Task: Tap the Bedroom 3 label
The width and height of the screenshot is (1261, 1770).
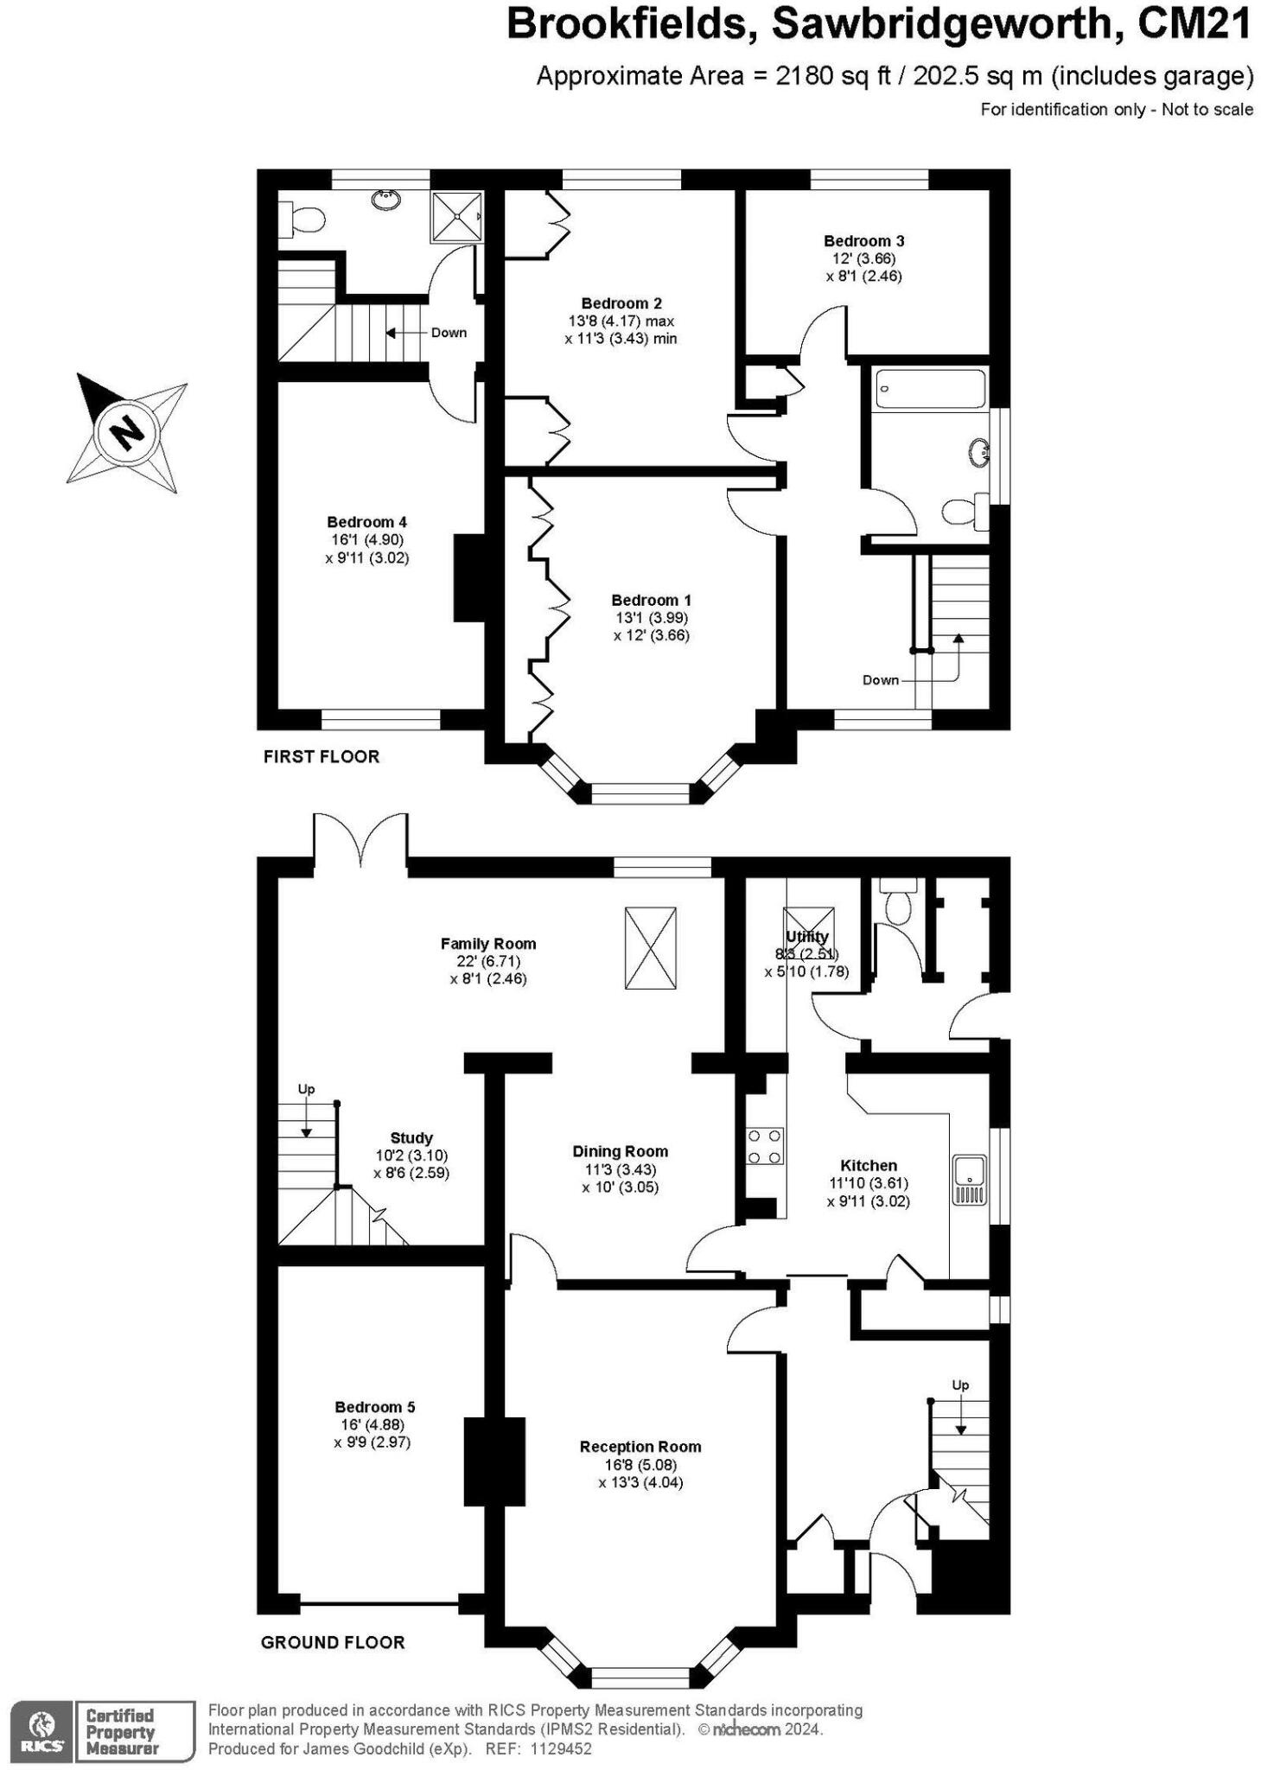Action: point(863,241)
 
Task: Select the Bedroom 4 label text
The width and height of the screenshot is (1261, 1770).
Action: point(366,522)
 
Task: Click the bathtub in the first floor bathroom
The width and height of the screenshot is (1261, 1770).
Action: point(929,389)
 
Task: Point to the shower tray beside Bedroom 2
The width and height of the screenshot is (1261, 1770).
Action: point(455,216)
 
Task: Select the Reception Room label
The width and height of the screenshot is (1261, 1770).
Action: point(640,1447)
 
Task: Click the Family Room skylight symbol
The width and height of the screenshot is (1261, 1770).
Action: point(650,948)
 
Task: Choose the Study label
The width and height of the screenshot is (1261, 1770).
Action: point(411,1138)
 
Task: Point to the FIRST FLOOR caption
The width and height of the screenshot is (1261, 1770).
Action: point(321,757)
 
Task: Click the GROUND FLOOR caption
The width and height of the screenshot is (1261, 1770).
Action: point(332,1643)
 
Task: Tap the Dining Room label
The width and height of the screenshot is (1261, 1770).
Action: point(620,1151)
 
